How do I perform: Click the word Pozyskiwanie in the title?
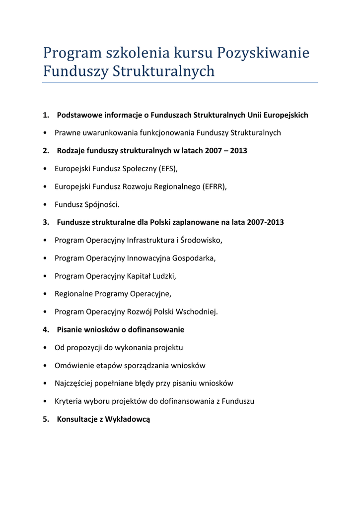tap(264, 53)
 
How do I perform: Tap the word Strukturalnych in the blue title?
tap(164, 71)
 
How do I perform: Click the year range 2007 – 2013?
tap(226, 151)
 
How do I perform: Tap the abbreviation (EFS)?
tap(168, 169)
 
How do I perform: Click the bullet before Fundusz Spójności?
tap(45, 204)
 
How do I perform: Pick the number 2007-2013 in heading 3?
tap(266, 222)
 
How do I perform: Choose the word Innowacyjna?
tap(148, 258)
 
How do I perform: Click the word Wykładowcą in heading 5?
tap(128, 419)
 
